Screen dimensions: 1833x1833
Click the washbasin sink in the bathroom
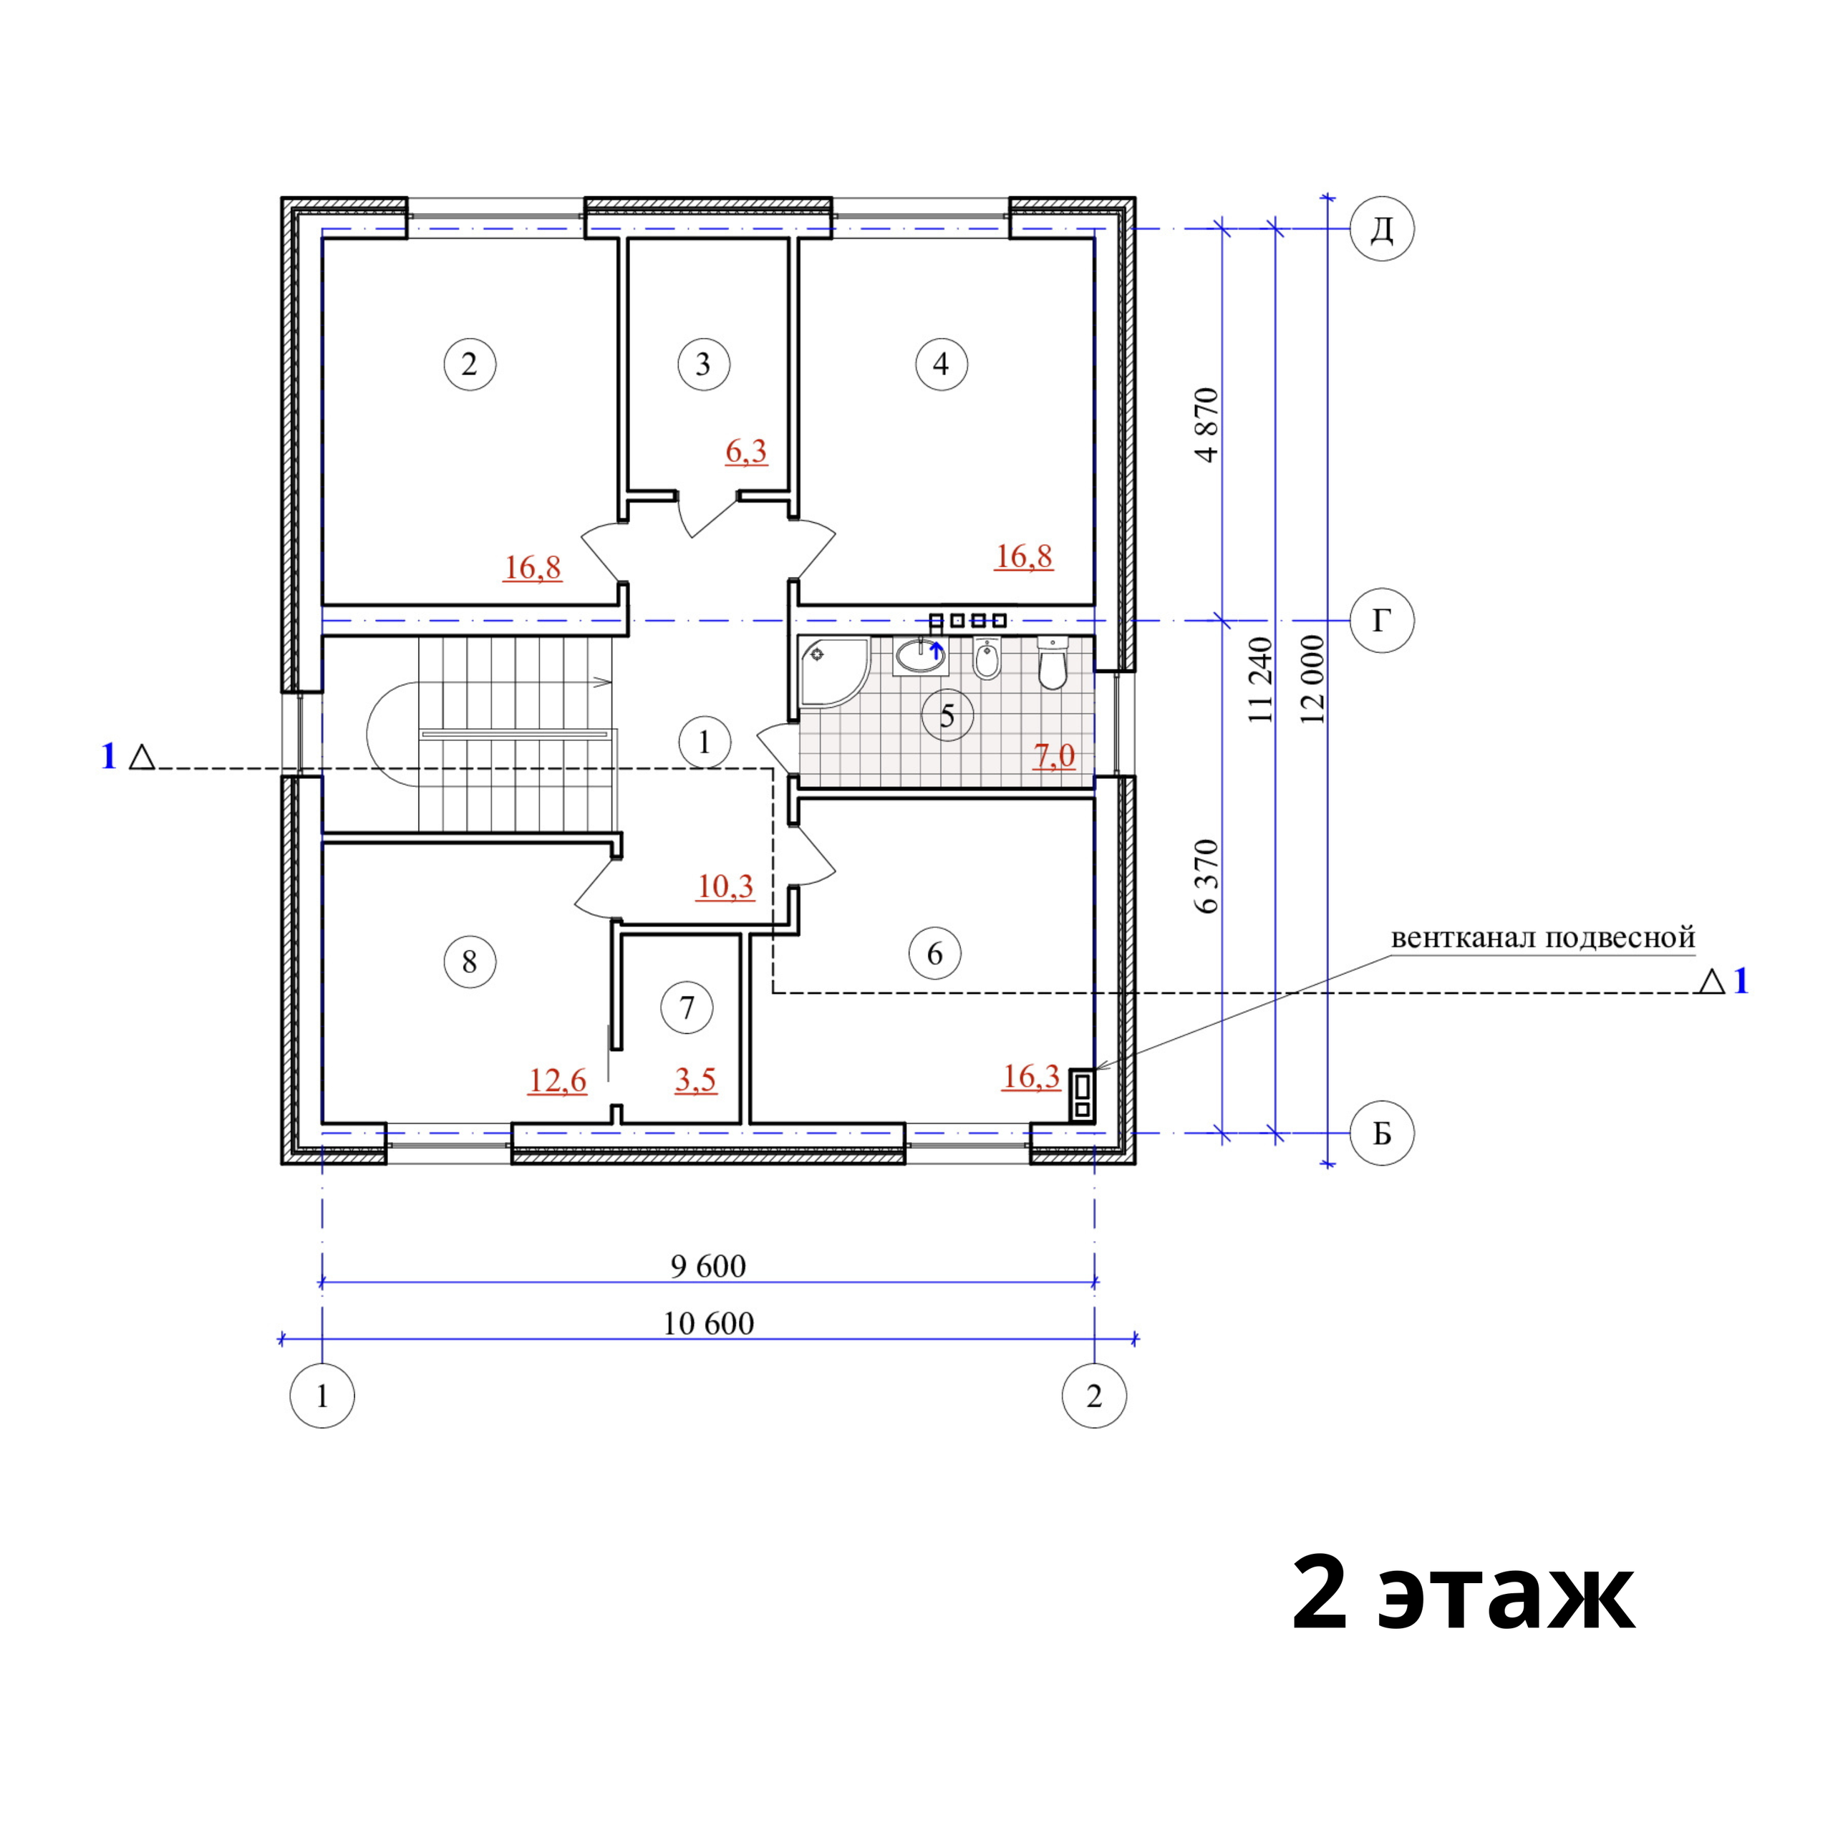(x=919, y=656)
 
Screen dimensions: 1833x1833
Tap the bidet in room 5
(x=987, y=659)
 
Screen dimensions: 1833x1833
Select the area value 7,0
(x=1054, y=755)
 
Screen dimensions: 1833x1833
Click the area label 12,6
(x=557, y=1080)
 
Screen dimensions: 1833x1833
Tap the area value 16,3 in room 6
(x=1030, y=1077)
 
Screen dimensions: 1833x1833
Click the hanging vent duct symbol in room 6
(x=1082, y=1095)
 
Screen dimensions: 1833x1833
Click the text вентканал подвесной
(x=1543, y=938)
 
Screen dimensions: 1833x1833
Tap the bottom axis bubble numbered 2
(x=1094, y=1396)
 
